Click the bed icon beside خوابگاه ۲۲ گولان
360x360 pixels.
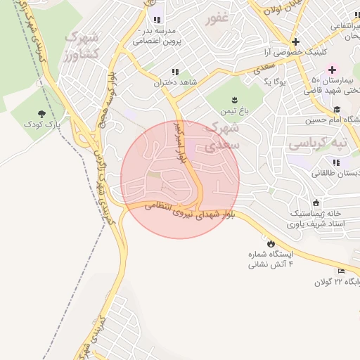pos(342,271)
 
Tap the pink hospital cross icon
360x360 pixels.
pos(332,70)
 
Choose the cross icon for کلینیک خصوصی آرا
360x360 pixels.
pos(295,41)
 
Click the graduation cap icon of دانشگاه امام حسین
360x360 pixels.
pos(337,109)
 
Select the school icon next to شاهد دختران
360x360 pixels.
pos(174,72)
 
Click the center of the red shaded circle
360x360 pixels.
pos(180,180)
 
